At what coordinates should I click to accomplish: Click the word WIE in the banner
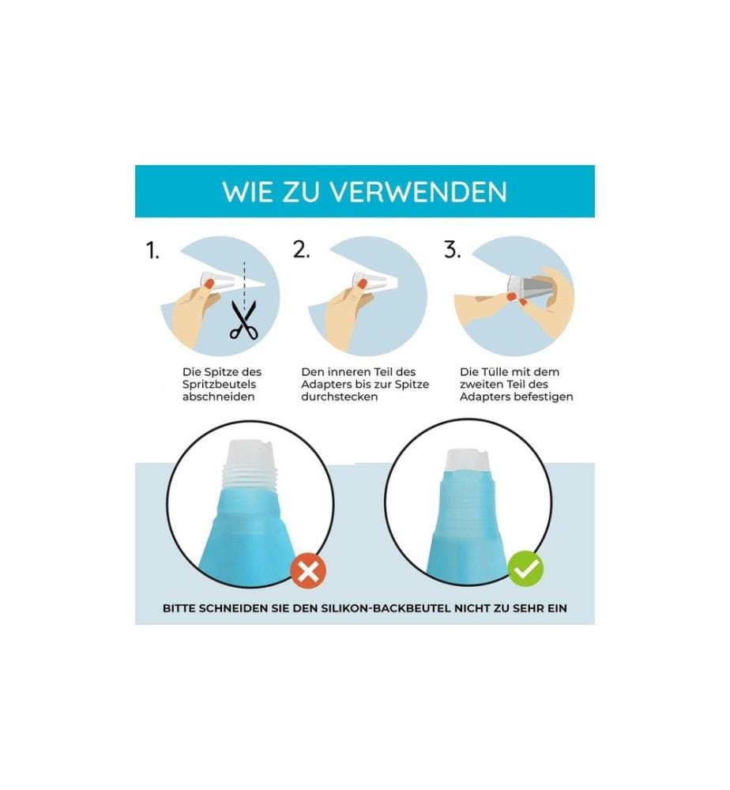(247, 192)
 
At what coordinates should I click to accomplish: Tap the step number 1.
(152, 250)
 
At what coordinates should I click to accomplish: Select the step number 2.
(301, 250)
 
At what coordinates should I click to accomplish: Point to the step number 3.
(453, 250)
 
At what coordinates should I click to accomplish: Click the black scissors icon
(244, 320)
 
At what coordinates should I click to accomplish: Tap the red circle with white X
(308, 571)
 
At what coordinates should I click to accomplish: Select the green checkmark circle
(525, 569)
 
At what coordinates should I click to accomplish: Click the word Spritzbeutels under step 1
(219, 385)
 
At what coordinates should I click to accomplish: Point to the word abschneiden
(218, 397)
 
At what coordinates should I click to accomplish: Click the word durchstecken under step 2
(339, 397)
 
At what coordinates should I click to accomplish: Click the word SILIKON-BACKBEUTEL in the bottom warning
(386, 608)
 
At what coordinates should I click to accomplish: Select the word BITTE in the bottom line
(179, 608)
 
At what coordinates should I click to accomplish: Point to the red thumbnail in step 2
(361, 284)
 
